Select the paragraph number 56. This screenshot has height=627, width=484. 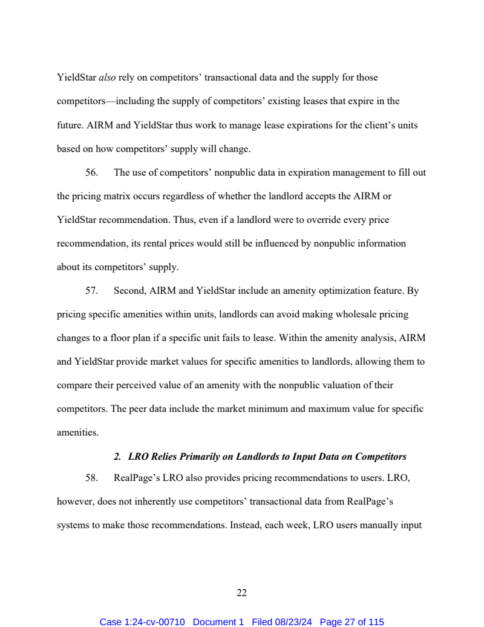91,173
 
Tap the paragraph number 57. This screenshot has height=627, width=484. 91,291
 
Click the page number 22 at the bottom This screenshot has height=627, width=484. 241,592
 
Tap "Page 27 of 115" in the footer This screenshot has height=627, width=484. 352,622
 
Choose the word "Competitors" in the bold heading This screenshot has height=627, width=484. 380,457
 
